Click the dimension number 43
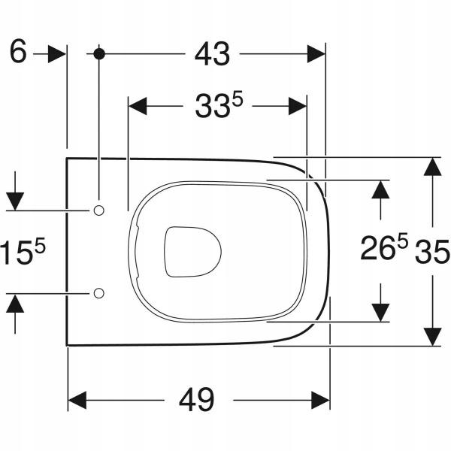(212, 54)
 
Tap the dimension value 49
(197, 400)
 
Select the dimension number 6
(18, 51)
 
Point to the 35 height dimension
(431, 252)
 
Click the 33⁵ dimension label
(219, 104)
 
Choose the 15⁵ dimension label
(23, 251)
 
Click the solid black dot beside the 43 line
(99, 54)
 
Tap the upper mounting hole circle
(98, 210)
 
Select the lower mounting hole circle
(99, 293)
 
